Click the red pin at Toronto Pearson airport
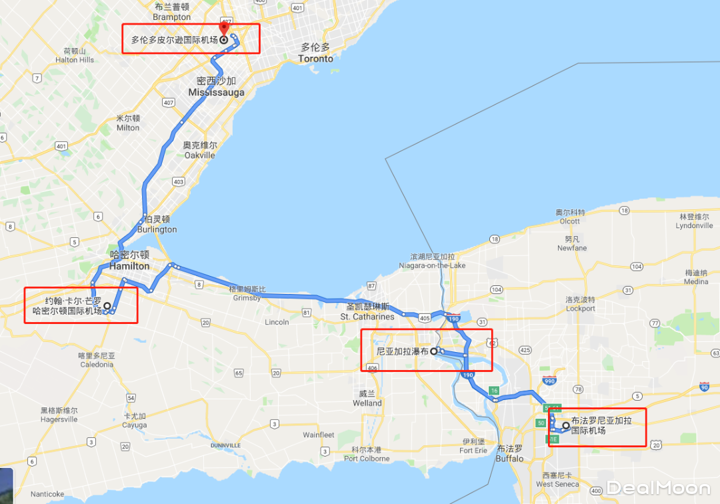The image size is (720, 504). [x=224, y=29]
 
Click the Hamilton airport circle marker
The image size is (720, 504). [x=107, y=304]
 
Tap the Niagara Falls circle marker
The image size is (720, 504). [x=433, y=350]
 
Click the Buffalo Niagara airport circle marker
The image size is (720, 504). [x=565, y=425]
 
